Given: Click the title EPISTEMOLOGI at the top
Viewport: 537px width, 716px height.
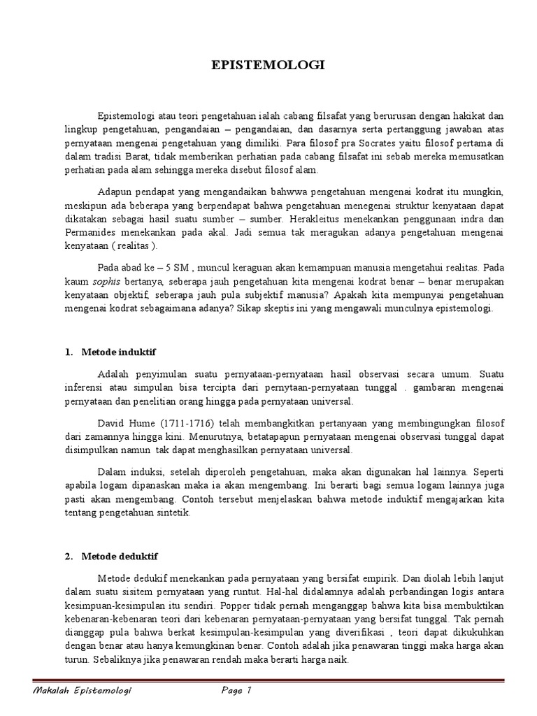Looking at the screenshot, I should click(268, 66).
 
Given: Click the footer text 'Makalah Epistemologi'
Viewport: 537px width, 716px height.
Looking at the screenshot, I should click(83, 691).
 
